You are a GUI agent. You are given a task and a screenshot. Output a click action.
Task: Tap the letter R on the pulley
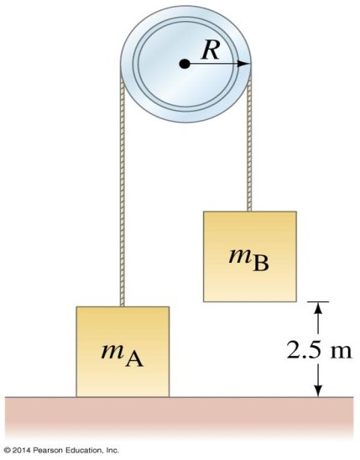(x=211, y=50)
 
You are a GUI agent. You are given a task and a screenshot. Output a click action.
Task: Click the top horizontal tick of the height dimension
(x=318, y=301)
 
